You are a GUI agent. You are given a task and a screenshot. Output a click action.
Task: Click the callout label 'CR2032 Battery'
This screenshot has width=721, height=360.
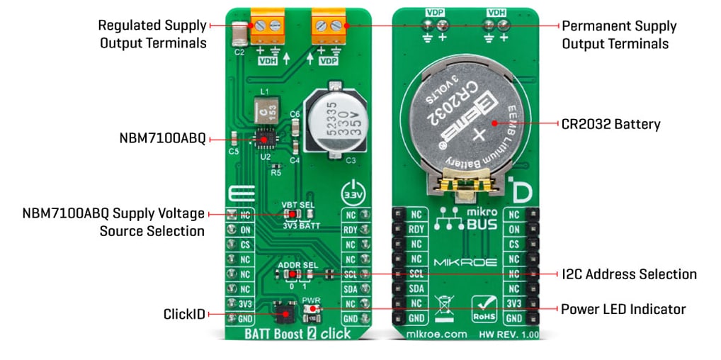click(610, 125)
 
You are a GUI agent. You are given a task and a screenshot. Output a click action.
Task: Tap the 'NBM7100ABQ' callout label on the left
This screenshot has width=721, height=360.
click(162, 139)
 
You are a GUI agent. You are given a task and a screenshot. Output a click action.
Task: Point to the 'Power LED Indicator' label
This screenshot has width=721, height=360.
click(623, 309)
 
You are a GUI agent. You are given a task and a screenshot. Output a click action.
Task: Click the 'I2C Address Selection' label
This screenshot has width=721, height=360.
click(629, 274)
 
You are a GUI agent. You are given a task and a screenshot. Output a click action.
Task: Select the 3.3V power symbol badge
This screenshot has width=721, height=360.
click(351, 193)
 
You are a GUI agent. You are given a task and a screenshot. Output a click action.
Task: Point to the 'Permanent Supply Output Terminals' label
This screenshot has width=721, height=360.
click(615, 35)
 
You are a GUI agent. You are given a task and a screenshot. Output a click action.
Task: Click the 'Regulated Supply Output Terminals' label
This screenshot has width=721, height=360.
click(152, 34)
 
